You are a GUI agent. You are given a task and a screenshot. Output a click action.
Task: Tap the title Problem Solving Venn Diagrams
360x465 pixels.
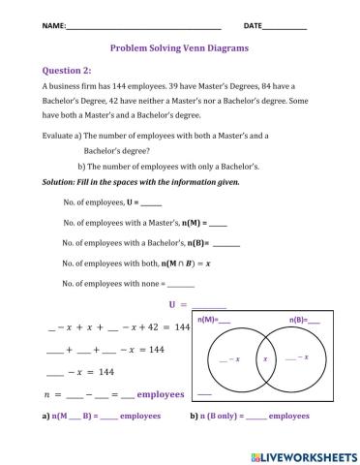pos(179,46)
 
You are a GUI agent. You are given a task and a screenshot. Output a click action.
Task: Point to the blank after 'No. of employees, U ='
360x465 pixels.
pos(151,203)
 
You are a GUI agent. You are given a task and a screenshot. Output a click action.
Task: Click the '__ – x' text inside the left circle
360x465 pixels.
pos(228,359)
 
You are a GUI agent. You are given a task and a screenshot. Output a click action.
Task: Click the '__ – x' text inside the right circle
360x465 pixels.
pos(297,357)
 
